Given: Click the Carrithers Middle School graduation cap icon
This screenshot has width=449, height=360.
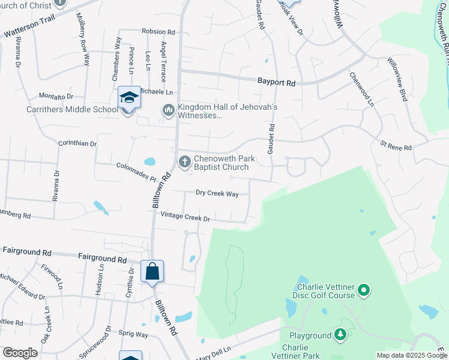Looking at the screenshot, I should (x=128, y=97).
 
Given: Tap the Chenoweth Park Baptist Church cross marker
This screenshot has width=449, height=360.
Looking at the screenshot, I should (x=184, y=160).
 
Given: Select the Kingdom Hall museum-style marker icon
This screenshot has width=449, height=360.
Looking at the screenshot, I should (x=168, y=110).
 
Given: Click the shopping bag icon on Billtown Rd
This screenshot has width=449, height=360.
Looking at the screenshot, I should (x=152, y=271).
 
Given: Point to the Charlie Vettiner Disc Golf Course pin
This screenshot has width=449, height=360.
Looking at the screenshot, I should (x=363, y=292).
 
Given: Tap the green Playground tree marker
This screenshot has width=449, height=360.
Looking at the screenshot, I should (x=341, y=335).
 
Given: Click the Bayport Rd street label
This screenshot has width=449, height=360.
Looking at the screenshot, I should (x=276, y=83).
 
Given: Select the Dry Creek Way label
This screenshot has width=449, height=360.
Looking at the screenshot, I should (x=217, y=193).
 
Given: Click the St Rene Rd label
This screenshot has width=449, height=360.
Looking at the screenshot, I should (x=396, y=146).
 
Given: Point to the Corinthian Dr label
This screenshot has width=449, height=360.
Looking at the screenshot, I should (x=77, y=143).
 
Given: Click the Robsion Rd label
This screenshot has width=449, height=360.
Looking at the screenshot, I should (x=158, y=31).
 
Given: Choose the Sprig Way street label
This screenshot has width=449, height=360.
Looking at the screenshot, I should (x=134, y=334).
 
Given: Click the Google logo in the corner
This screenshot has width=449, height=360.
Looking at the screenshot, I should (x=20, y=353).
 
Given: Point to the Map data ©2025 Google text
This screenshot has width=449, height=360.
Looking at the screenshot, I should (x=412, y=355).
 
